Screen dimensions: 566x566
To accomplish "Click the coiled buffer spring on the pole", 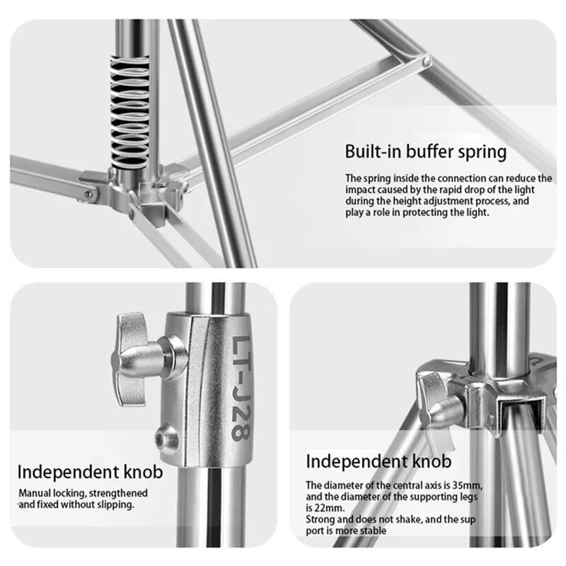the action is click(129, 112).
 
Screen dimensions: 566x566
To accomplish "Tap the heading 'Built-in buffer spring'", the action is click(426, 151).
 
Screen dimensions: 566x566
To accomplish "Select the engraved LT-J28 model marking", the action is click(240, 388).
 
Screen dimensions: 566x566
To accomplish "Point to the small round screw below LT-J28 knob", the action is click(167, 439).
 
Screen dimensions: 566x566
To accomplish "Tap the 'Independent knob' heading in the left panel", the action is click(91, 472).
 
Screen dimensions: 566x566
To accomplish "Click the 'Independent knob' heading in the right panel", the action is click(379, 461).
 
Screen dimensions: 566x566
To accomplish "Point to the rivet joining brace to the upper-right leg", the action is click(426, 60).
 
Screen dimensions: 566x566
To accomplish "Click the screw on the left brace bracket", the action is click(88, 195).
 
